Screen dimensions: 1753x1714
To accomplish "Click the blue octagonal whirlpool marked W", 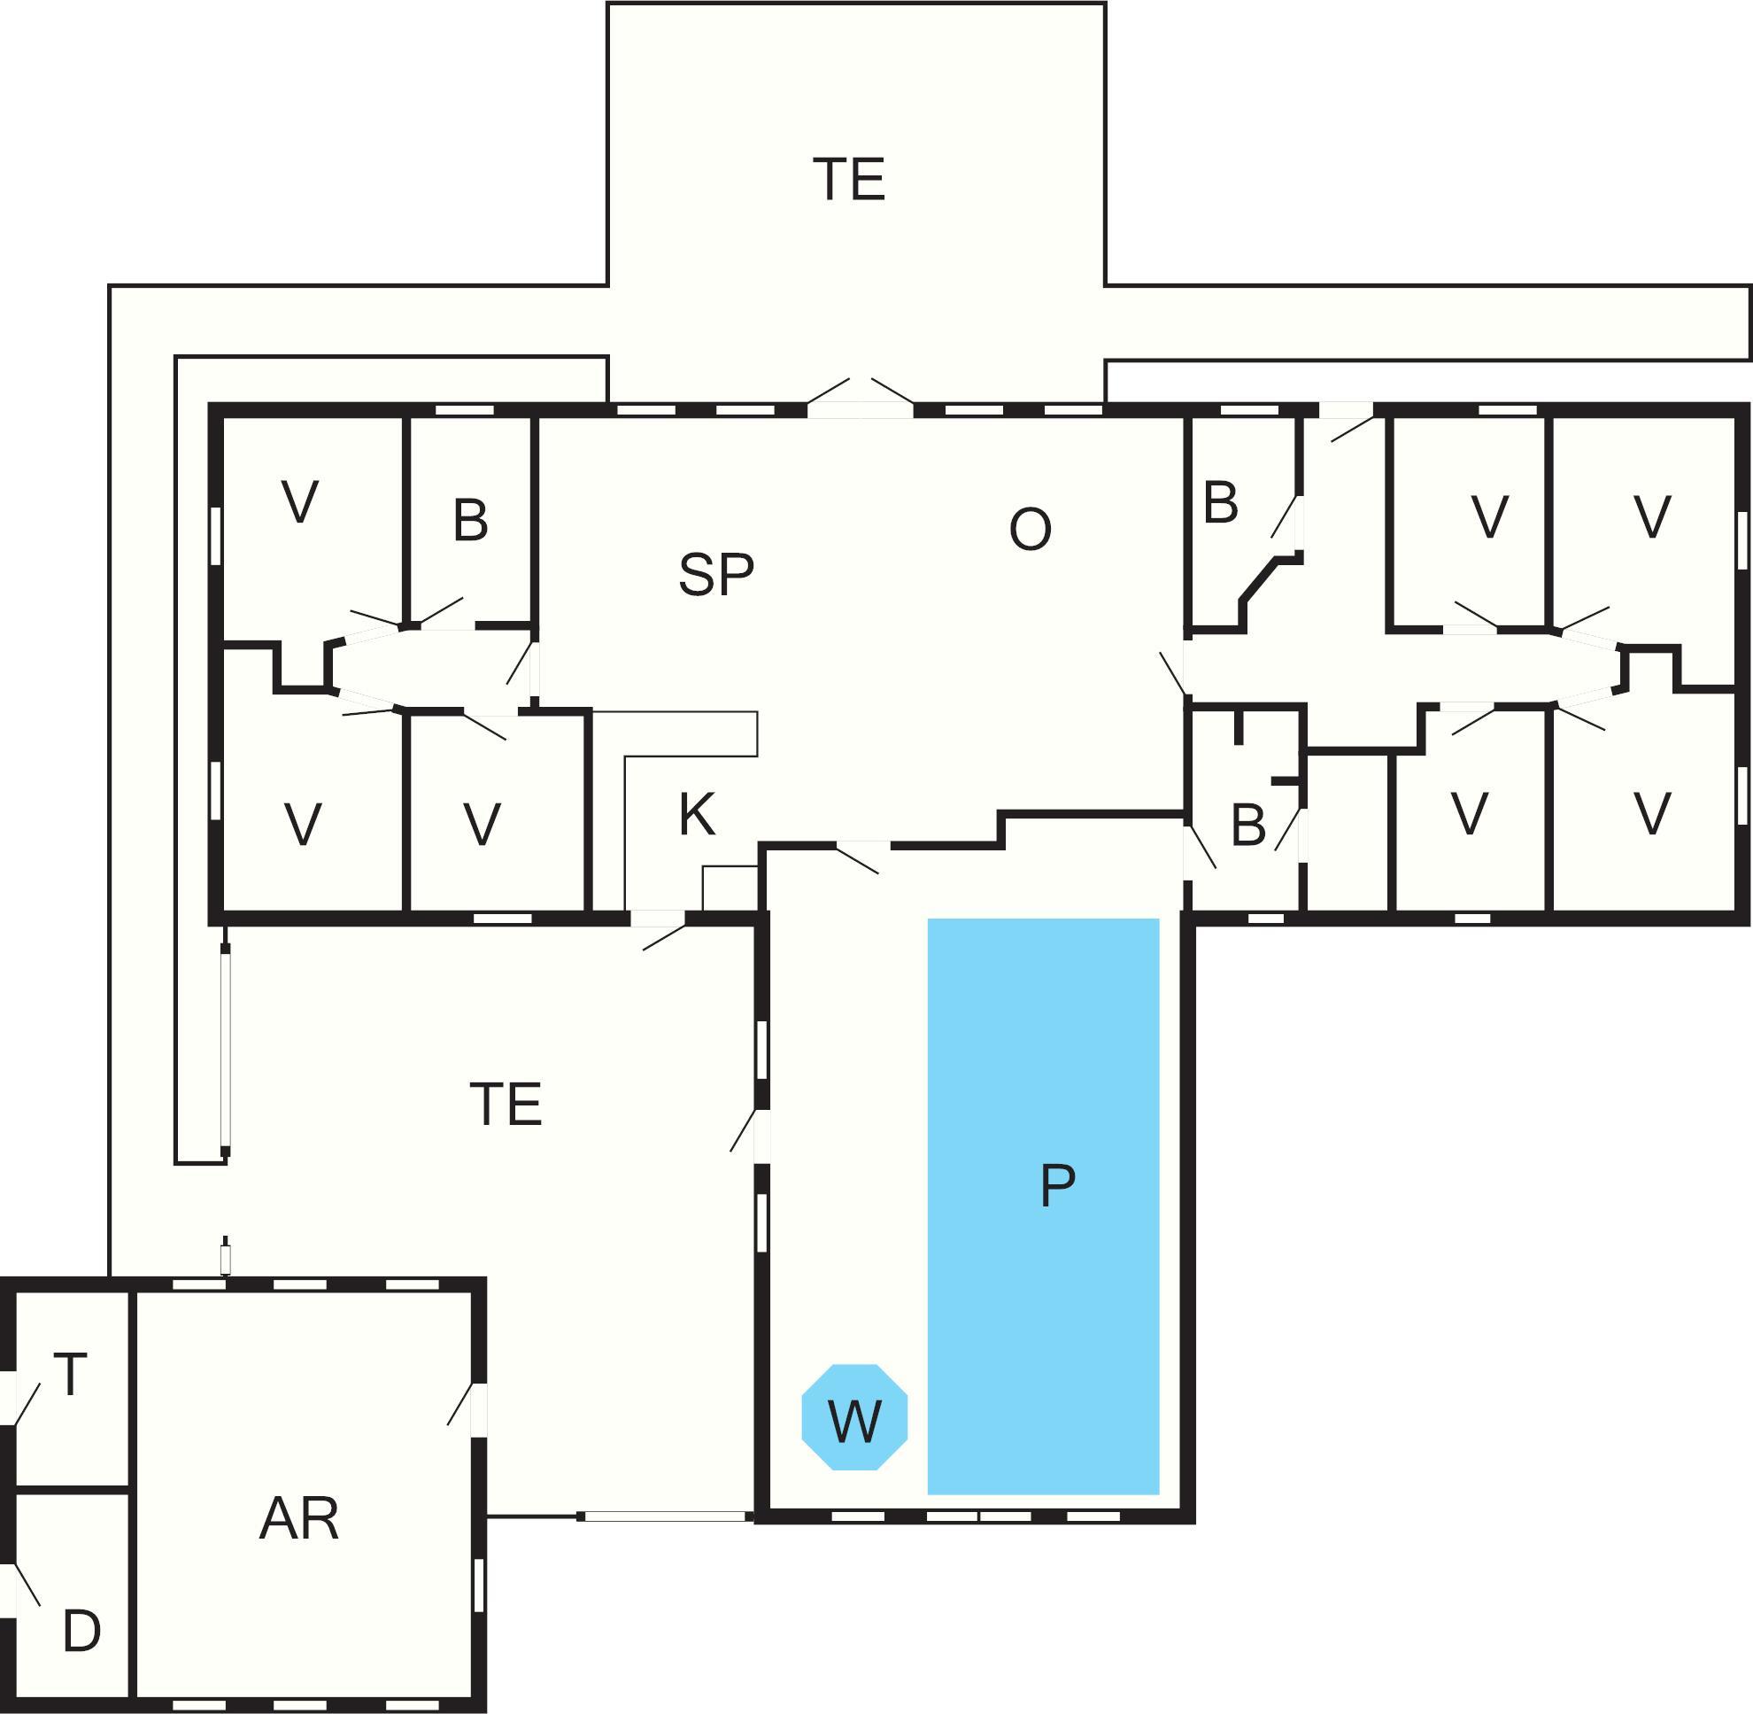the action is pyautogui.click(x=854, y=1417).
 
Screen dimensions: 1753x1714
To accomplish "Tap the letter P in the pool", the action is pyautogui.click(x=1057, y=1185).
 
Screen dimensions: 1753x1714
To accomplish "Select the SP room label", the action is pyautogui.click(x=716, y=574).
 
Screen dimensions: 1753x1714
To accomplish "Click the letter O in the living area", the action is pyautogui.click(x=1031, y=530).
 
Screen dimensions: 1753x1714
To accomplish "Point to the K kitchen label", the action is pyautogui.click(x=697, y=815).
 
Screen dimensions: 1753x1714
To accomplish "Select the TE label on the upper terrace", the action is pyautogui.click(x=848, y=179).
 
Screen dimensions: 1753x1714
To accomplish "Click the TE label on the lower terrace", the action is pyautogui.click(x=506, y=1105).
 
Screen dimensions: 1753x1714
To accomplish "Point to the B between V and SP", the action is pyautogui.click(x=471, y=520).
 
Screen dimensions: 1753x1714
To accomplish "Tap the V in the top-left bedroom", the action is pyautogui.click(x=300, y=502).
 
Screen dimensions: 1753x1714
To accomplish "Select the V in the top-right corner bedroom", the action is pyautogui.click(x=1652, y=516).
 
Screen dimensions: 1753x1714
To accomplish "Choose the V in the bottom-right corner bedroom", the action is pyautogui.click(x=1652, y=815).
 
